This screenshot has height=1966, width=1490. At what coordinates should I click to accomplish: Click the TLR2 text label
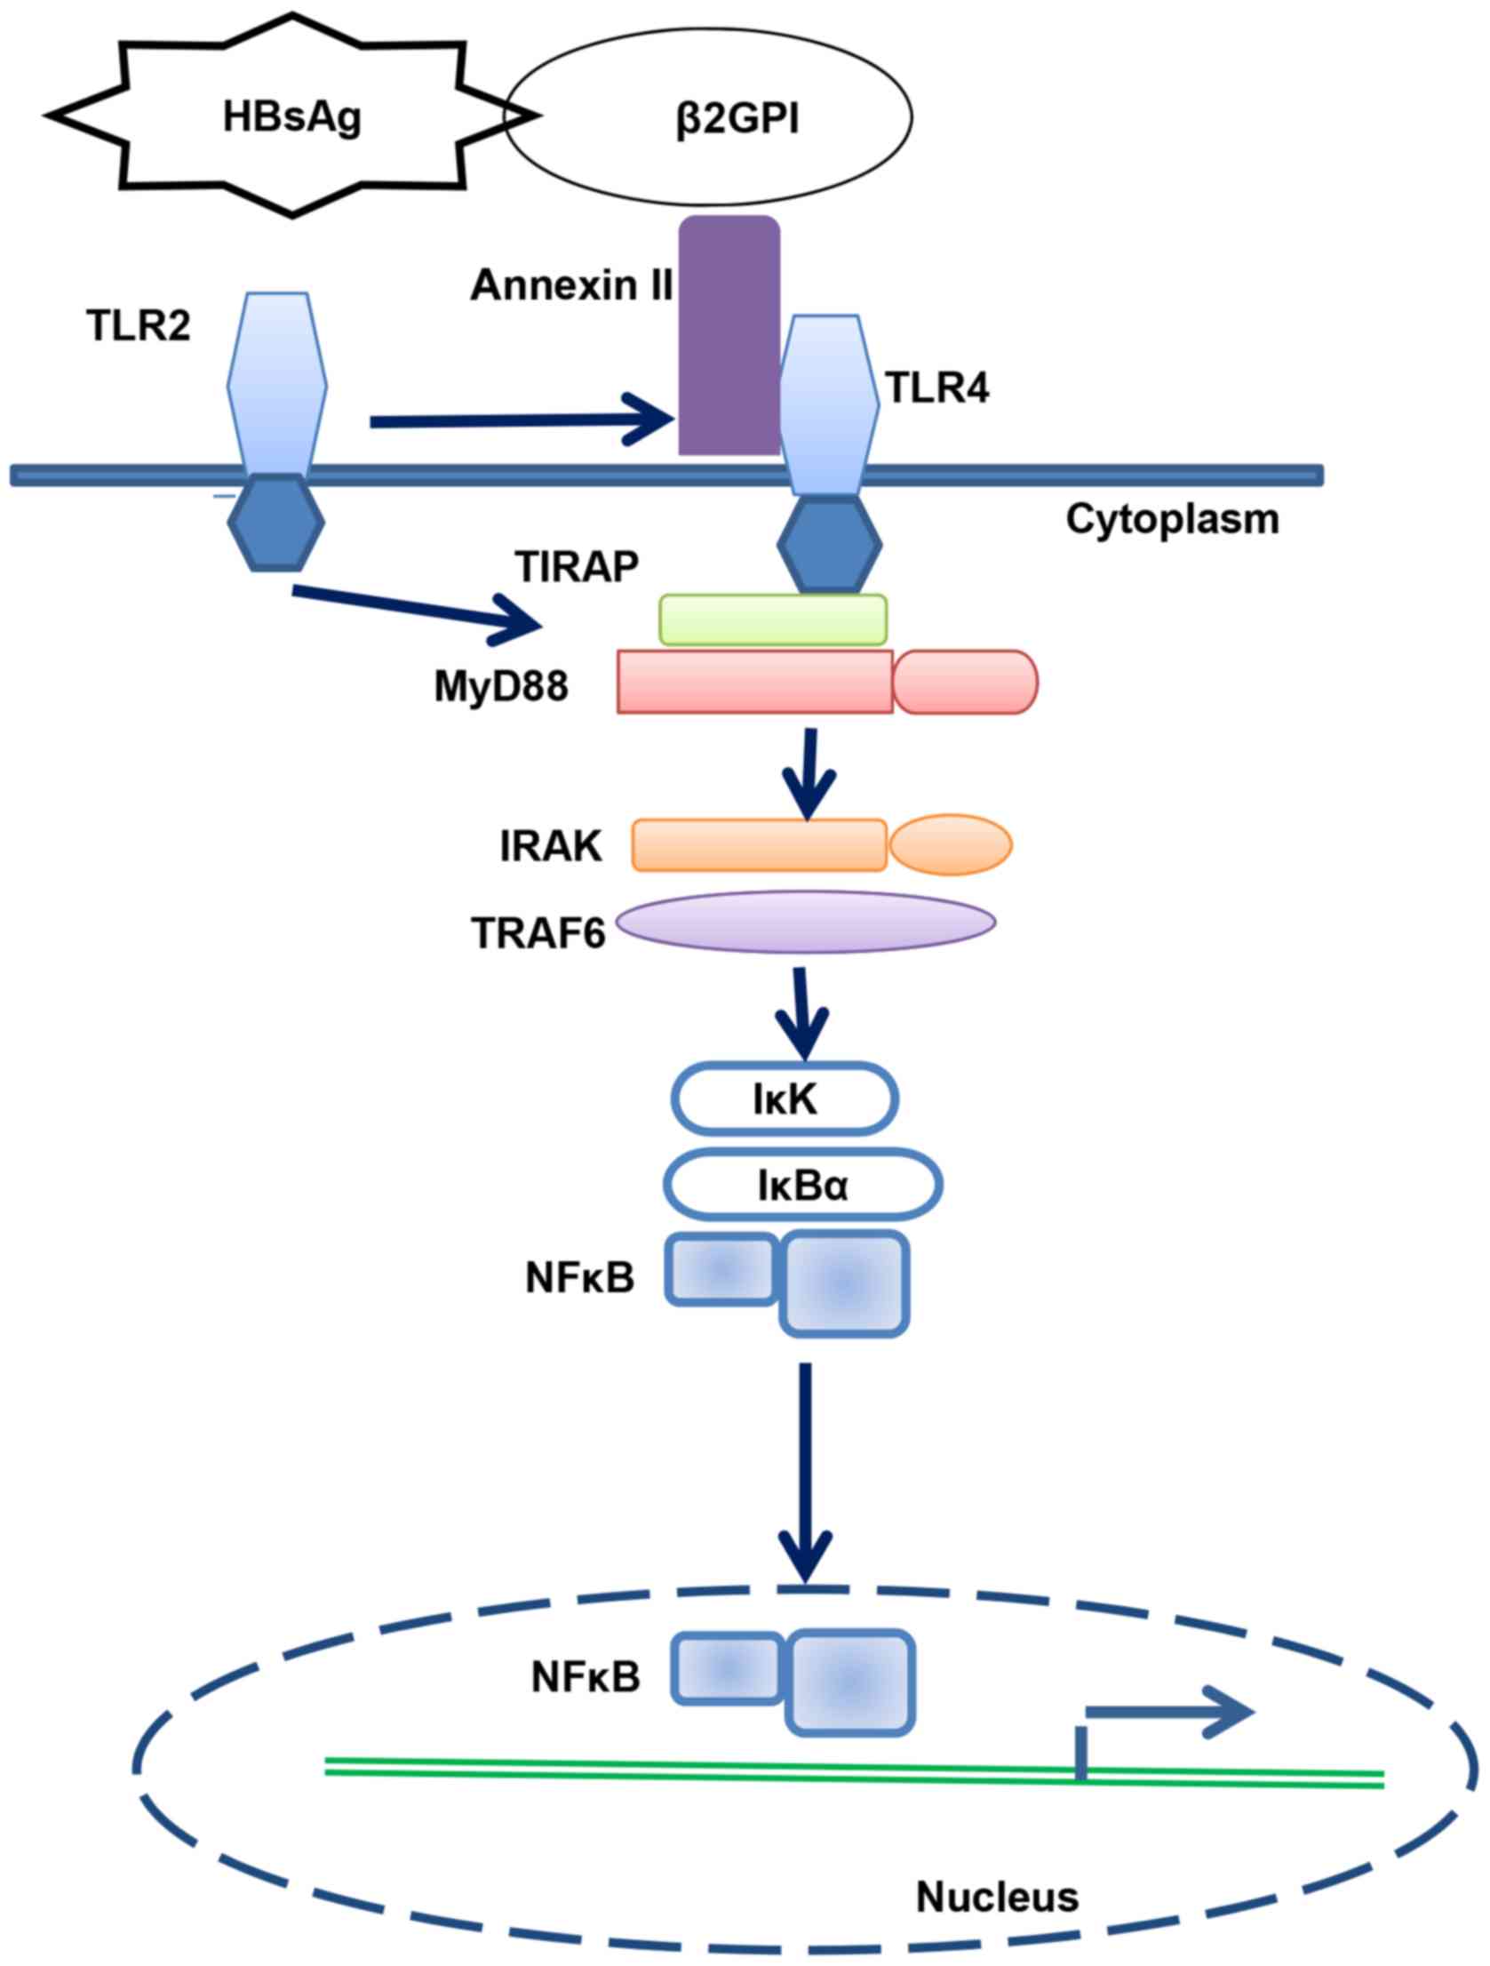click(x=139, y=327)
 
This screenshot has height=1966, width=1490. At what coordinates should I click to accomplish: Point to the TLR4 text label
click(x=937, y=388)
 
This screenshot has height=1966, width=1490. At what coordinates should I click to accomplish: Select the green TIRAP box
click(x=772, y=619)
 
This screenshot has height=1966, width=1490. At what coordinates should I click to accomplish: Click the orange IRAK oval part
click(x=951, y=843)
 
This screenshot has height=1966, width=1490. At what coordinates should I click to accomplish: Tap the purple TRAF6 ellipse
click(x=805, y=922)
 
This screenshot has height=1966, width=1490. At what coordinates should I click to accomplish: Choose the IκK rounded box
click(x=784, y=1099)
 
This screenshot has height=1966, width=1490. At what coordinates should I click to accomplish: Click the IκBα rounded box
click(x=802, y=1186)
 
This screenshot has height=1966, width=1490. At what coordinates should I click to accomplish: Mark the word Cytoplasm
click(x=1172, y=519)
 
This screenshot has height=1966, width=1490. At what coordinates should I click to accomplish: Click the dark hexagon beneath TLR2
click(x=275, y=523)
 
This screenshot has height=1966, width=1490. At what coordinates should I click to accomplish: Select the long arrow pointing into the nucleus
click(x=806, y=1475)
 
